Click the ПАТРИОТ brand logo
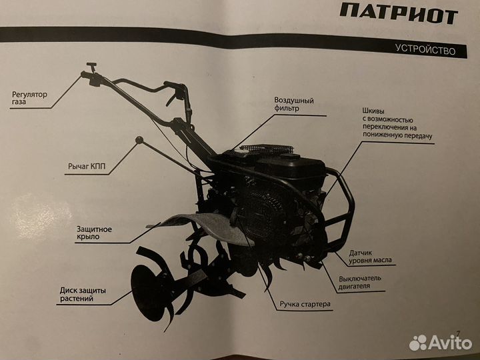(399, 14)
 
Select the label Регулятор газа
(30, 98)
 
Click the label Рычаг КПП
(87, 166)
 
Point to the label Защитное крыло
(94, 233)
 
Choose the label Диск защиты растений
(83, 295)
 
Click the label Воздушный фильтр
(294, 104)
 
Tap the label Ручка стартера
(305, 304)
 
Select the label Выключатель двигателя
(360, 282)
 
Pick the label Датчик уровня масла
(370, 257)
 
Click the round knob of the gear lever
(139, 140)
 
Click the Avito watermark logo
(440, 343)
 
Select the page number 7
(458, 333)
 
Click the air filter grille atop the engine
(267, 149)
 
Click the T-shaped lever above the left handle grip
(91, 66)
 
